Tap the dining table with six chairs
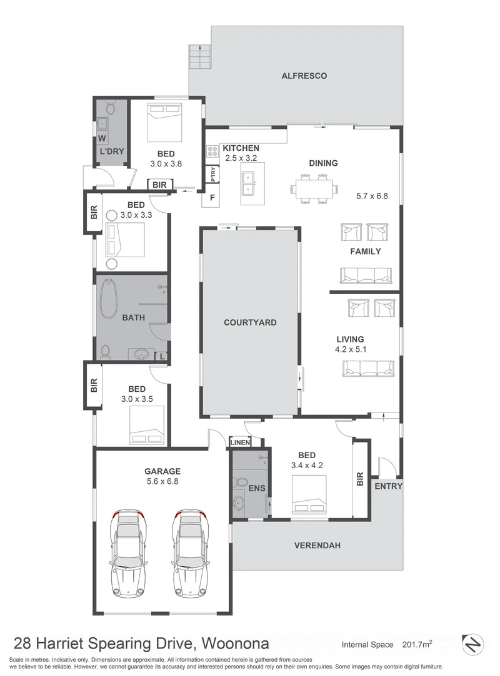[314, 188]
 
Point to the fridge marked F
[212, 198]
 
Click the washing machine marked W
[101, 138]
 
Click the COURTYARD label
[250, 323]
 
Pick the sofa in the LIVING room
[367, 369]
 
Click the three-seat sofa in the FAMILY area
[366, 275]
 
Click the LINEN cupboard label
[240, 443]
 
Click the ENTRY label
[388, 486]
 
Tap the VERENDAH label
[317, 545]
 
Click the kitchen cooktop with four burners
[212, 150]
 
